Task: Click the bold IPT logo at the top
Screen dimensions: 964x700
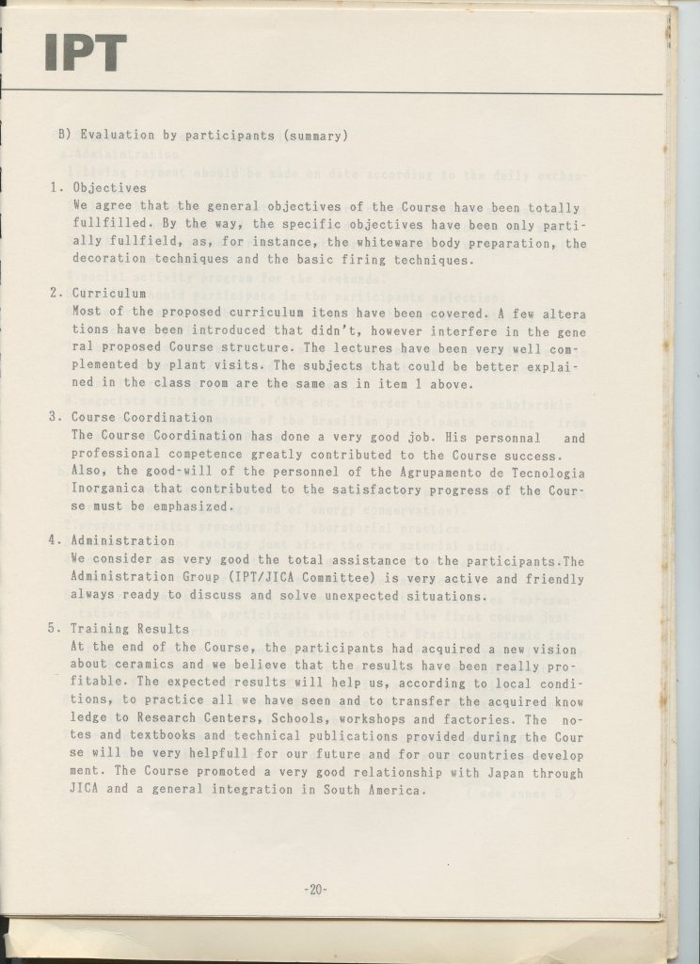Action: (85, 54)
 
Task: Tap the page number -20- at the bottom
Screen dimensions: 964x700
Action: (315, 889)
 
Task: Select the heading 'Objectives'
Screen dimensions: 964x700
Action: (109, 187)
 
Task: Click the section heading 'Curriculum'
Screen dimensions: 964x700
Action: (109, 293)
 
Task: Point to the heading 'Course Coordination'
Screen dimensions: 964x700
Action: (142, 416)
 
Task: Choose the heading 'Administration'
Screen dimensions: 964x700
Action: (123, 540)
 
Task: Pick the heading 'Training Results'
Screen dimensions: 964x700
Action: (130, 629)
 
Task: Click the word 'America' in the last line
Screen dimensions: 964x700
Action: (391, 790)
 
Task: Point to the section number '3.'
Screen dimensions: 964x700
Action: (55, 416)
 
